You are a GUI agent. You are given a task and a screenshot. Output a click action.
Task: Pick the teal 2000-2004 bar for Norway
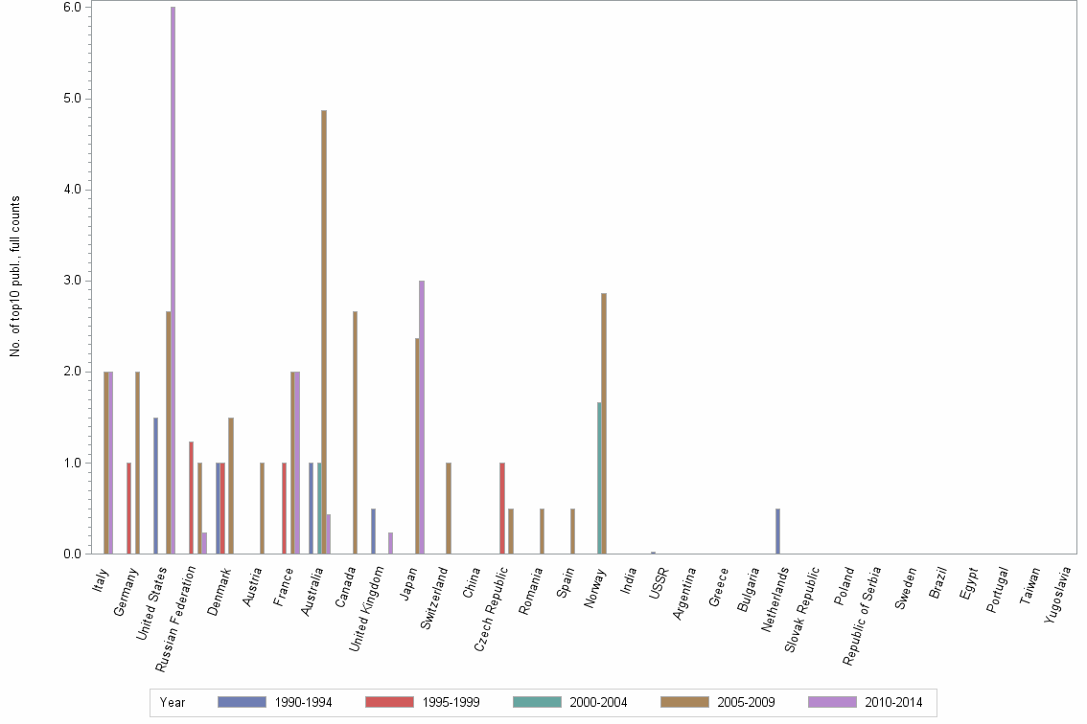tap(599, 478)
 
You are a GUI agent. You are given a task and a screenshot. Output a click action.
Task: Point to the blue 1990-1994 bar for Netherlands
tap(777, 531)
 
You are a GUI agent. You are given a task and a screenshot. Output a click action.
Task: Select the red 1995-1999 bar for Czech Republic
tap(501, 508)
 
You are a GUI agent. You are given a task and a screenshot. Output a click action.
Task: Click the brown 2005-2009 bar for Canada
tap(355, 432)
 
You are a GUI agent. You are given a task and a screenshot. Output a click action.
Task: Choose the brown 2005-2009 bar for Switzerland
tap(448, 508)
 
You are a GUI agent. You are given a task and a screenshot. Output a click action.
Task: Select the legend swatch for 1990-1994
tap(242, 702)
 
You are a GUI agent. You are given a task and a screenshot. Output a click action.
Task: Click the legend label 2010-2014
tap(893, 702)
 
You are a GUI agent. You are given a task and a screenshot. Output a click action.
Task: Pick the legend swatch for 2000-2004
tap(537, 702)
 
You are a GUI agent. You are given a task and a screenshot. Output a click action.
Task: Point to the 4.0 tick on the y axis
tap(89, 190)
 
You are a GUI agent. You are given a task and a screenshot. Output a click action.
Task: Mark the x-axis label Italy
tap(102, 579)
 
